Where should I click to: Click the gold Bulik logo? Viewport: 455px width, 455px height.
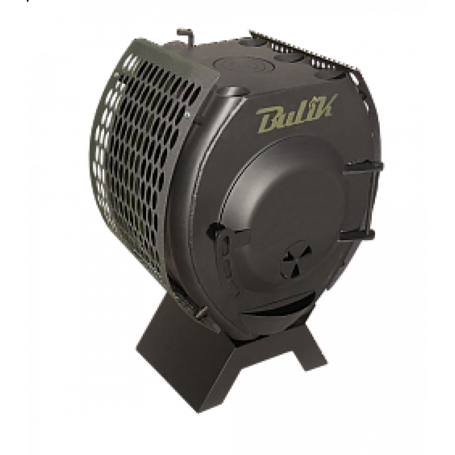pos(297,115)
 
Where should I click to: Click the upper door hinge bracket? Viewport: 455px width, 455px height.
pos(362,168)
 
